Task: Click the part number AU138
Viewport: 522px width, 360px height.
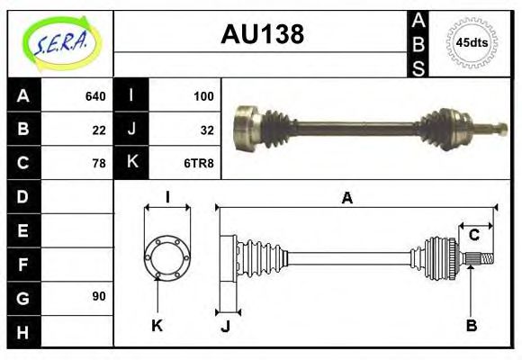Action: click(262, 34)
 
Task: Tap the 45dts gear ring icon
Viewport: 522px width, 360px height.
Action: click(472, 42)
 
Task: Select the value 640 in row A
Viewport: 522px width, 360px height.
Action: click(95, 96)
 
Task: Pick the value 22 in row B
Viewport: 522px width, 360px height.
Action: click(99, 130)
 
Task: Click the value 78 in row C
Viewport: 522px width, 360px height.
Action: click(99, 163)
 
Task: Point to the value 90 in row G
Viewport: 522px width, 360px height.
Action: click(99, 296)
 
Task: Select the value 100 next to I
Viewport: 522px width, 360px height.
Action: click(203, 96)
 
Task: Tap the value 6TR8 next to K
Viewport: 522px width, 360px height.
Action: click(199, 163)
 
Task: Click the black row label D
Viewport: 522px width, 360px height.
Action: click(22, 196)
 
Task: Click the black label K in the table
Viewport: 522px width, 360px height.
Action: click(131, 163)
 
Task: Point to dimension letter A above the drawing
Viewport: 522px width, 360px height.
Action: click(346, 198)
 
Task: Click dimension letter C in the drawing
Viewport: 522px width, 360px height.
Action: click(473, 236)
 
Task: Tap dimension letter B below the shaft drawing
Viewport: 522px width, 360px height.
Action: click(471, 325)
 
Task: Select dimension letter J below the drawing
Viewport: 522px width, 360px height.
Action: click(225, 326)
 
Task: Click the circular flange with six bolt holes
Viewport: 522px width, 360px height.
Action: click(166, 257)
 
